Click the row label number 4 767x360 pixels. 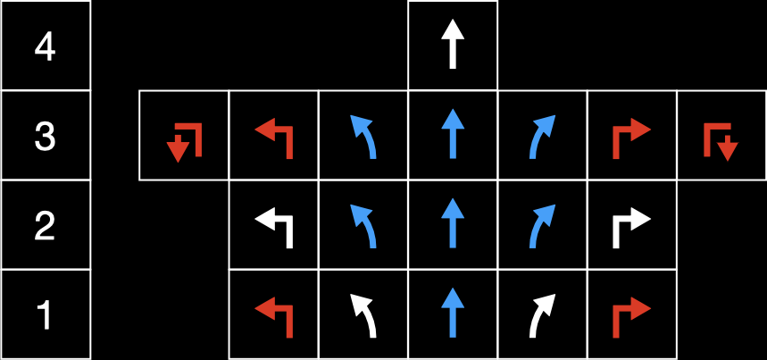coord(45,46)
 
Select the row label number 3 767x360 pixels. coord(45,137)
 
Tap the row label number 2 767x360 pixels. coord(45,226)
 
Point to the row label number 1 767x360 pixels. coord(45,315)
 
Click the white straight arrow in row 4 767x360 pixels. coord(454,46)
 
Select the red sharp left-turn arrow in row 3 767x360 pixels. coord(274,137)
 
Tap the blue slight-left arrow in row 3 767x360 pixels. coord(363,137)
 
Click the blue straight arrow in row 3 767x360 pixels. coord(454,137)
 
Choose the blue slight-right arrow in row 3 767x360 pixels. coord(543,137)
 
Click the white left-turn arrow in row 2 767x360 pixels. coord(274,226)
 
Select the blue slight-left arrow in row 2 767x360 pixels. coord(363,226)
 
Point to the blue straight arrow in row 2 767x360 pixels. coord(454,226)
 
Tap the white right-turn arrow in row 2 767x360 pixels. coord(632,226)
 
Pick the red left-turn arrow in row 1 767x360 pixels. coord(274,315)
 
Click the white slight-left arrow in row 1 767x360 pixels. coord(363,315)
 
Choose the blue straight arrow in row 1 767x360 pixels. coord(454,315)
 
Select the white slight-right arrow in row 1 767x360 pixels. coord(543,315)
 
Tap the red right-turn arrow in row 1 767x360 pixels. coord(632,315)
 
